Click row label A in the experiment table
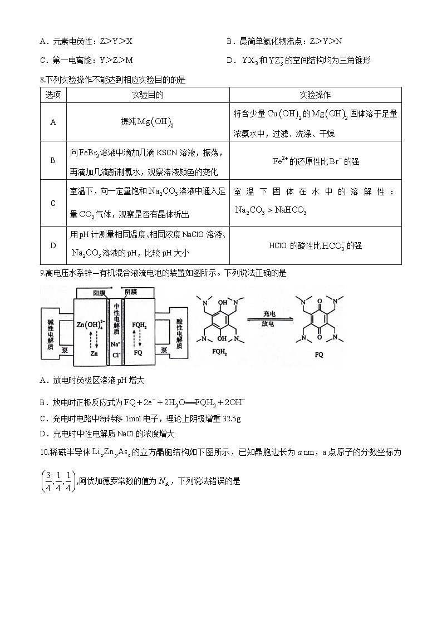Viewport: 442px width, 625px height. (53, 122)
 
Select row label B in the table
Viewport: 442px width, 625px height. (53, 160)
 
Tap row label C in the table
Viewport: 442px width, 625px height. (53, 203)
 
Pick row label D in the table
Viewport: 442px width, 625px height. (53, 245)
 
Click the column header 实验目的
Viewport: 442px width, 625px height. (148, 95)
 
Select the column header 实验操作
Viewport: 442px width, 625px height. (315, 95)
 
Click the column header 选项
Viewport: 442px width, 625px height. (53, 95)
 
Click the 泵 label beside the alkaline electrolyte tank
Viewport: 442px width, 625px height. (65, 351)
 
